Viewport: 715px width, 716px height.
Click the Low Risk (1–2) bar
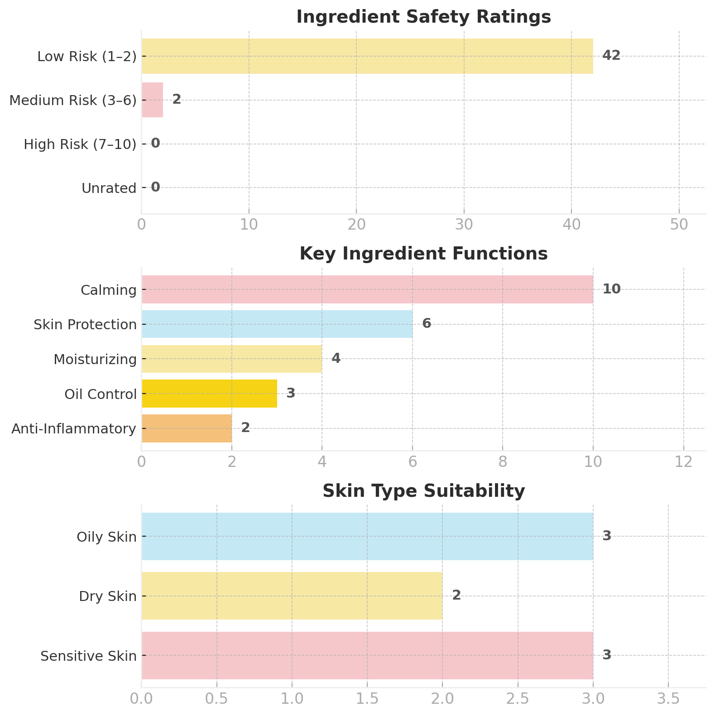point(367,56)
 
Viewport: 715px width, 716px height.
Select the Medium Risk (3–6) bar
point(152,100)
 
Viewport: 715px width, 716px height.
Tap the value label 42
point(611,55)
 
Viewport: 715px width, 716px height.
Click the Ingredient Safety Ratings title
point(423,17)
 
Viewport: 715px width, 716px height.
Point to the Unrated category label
point(109,188)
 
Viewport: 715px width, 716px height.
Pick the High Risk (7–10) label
point(80,144)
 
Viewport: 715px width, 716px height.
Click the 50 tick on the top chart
point(679,225)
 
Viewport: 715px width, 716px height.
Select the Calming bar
point(367,289)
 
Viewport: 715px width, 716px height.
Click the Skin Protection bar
point(277,324)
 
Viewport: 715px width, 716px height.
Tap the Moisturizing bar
point(231,359)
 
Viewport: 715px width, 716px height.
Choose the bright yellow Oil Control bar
point(209,393)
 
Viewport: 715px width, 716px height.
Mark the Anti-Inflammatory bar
point(187,428)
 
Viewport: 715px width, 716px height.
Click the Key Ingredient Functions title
point(423,254)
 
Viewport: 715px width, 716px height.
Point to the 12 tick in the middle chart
point(683,462)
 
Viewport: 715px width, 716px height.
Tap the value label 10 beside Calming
point(611,289)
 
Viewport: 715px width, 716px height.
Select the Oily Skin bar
point(367,536)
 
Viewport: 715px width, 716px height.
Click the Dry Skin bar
point(292,596)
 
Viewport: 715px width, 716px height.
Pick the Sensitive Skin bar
point(367,655)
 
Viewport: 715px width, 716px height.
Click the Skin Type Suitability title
point(423,491)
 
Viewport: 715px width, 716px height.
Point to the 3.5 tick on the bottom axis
point(668,699)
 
